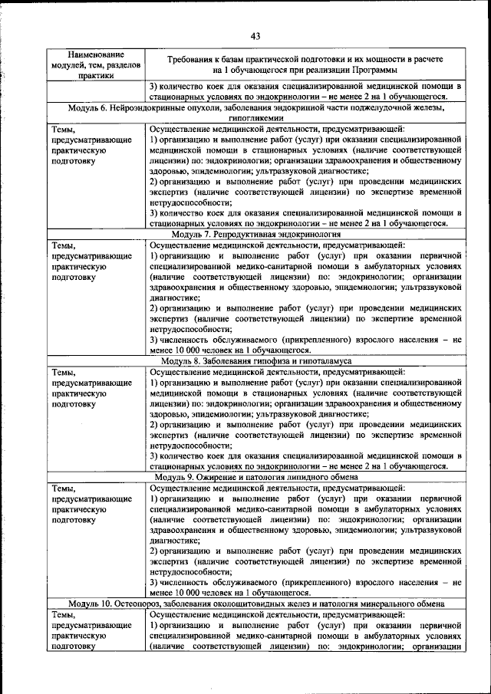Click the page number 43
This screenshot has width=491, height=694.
pos(255,35)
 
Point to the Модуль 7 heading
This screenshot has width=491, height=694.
pos(255,233)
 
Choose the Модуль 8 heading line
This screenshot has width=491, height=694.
pos(255,360)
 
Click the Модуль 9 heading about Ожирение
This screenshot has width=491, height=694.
pos(255,477)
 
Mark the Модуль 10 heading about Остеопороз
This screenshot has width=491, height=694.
pos(255,604)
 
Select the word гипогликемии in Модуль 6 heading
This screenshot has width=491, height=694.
pos(255,119)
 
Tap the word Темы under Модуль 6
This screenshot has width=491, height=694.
pos(64,129)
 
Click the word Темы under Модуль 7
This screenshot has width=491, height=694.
pos(64,245)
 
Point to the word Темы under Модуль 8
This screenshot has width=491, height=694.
pos(64,372)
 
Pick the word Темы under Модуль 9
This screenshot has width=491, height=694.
pos(64,488)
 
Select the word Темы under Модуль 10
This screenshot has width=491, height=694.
pos(64,615)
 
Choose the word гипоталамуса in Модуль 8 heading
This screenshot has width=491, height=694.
pos(323,360)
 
